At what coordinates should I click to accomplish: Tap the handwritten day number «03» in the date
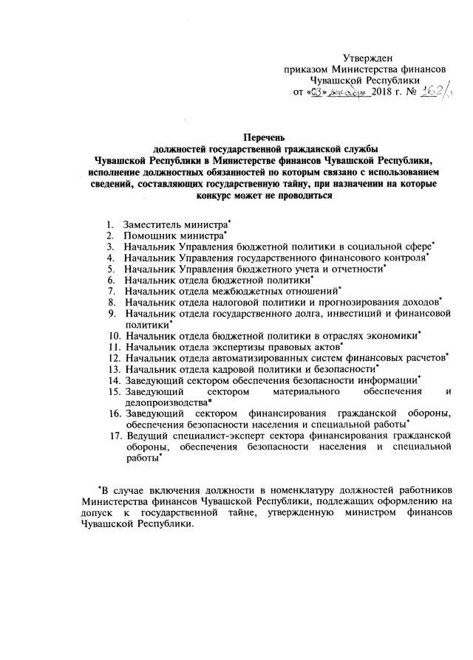316,92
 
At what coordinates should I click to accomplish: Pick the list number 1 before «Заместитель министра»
109,223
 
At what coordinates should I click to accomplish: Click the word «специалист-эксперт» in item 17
222,436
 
